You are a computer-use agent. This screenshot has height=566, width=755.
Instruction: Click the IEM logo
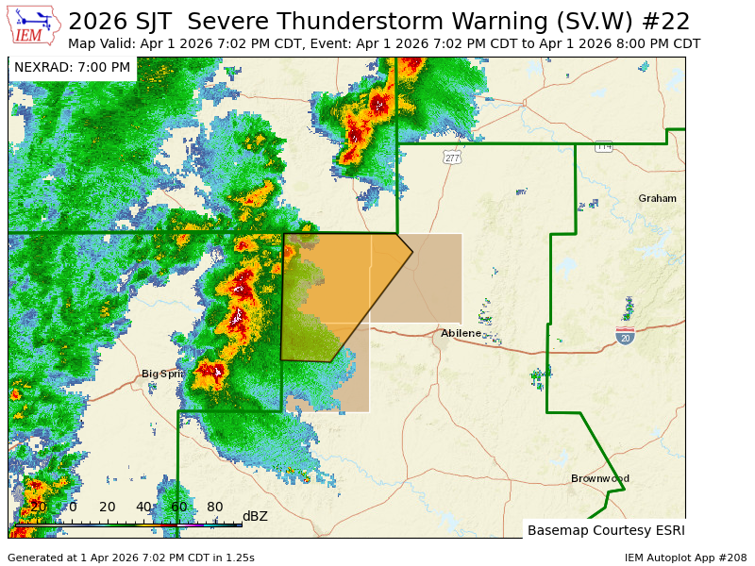[x=32, y=25]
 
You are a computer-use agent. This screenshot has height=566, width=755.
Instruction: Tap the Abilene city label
[x=461, y=333]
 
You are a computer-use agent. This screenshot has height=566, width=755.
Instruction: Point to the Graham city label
[x=657, y=199]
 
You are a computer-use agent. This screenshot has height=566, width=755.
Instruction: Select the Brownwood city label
[x=599, y=479]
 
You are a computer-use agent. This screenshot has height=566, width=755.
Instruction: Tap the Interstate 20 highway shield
[x=625, y=337]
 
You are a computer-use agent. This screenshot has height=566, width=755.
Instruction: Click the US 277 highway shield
[x=452, y=158]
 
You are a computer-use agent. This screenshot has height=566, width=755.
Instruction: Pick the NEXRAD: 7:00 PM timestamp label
[x=72, y=68]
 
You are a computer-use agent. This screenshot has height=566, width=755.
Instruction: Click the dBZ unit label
[x=255, y=516]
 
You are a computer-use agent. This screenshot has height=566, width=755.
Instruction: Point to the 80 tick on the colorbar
[x=215, y=508]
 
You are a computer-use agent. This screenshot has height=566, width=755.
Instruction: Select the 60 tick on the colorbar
[x=179, y=508]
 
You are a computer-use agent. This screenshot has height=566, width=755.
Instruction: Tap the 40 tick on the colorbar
[x=143, y=508]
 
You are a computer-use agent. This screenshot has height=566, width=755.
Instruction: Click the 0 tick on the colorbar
[x=73, y=508]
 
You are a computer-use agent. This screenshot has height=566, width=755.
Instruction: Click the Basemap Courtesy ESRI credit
[x=606, y=530]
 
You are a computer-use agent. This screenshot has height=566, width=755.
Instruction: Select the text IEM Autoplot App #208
[x=685, y=558]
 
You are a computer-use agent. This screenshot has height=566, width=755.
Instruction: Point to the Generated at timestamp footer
[x=130, y=558]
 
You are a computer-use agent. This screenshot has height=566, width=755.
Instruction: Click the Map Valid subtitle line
[x=384, y=44]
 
